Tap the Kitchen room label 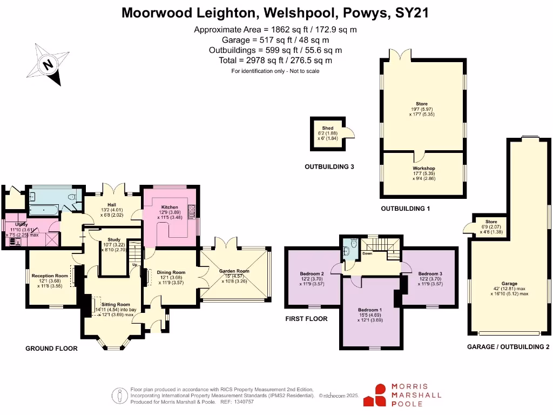click(166, 207)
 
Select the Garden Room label click(234, 271)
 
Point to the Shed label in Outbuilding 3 click(328, 128)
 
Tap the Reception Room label click(49, 276)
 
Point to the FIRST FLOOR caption click(306, 319)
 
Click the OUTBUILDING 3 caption click(329, 167)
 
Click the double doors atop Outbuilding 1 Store click(401, 56)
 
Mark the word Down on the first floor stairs click(367, 252)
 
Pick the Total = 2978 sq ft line click(275, 61)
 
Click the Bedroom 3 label click(430, 274)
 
